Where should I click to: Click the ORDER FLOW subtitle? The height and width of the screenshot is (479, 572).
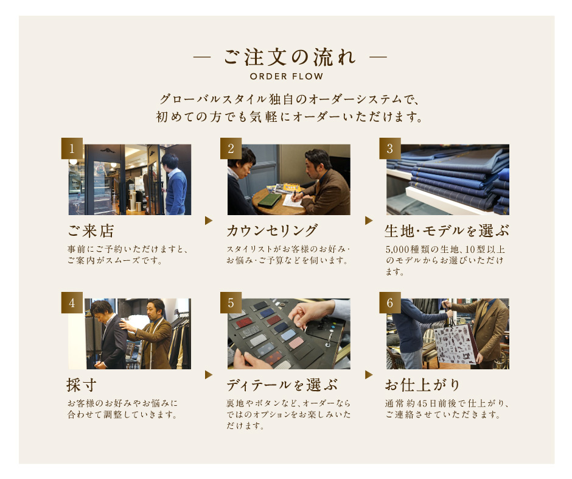click(x=287, y=76)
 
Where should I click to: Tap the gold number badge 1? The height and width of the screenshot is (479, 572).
click(x=72, y=148)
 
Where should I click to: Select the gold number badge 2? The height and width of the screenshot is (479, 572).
click(x=231, y=148)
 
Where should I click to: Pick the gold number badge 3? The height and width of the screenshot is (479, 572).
click(x=390, y=148)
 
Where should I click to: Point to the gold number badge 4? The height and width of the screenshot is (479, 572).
click(x=72, y=302)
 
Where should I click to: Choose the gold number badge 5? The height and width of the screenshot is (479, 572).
click(x=231, y=302)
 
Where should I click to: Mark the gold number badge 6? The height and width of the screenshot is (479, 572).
click(x=390, y=302)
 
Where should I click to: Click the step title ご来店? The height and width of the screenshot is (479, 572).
click(x=91, y=231)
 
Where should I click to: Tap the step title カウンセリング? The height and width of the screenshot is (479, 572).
click(x=272, y=230)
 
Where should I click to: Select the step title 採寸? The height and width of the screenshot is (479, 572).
click(x=82, y=385)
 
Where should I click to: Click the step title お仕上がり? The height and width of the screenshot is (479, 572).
click(x=422, y=385)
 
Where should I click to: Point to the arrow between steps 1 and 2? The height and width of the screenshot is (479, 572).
click(x=209, y=221)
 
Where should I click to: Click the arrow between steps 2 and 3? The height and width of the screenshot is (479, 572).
click(x=369, y=221)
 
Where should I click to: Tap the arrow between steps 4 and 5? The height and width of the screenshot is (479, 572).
click(x=209, y=375)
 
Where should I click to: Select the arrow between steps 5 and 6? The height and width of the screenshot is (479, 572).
click(x=369, y=375)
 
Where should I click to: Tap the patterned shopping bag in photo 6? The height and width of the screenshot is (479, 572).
click(x=455, y=344)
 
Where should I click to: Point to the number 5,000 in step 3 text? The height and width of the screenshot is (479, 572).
click(x=397, y=249)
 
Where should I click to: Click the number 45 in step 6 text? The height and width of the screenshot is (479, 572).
click(x=422, y=403)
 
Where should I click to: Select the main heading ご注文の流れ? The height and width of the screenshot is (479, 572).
click(x=290, y=57)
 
